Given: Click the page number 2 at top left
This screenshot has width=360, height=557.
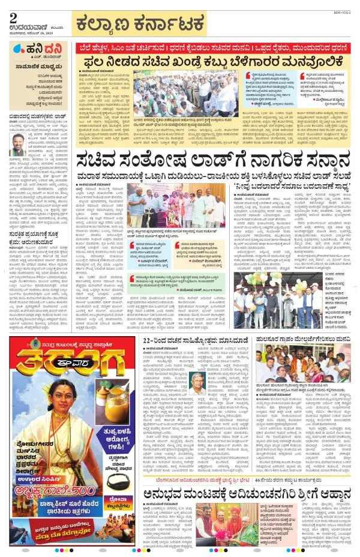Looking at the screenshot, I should [x=12, y=16].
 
